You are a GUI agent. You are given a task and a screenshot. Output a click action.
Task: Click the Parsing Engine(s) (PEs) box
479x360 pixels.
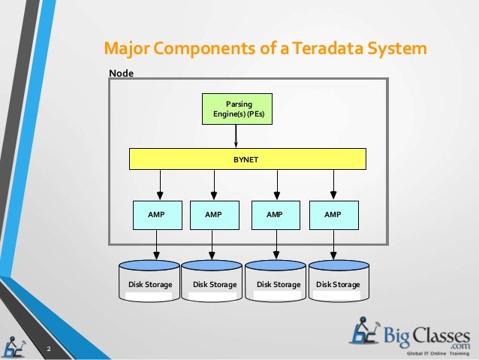coord(238,108)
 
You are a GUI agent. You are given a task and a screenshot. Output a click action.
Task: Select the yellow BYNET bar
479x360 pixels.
coord(248,159)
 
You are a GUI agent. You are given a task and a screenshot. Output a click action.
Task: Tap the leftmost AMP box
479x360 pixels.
coord(158,214)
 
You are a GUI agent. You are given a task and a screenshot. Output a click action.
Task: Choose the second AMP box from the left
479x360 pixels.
coord(213,214)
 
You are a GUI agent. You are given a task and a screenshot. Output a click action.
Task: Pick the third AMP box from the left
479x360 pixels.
coord(274,214)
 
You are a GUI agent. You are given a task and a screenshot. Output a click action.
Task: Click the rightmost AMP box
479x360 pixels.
coord(333,214)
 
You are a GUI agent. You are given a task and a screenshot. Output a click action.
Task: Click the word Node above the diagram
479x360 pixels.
coord(121,73)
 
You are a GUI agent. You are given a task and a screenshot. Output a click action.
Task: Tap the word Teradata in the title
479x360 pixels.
coord(327,50)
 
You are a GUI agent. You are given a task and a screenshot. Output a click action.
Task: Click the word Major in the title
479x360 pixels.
coord(126,50)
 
